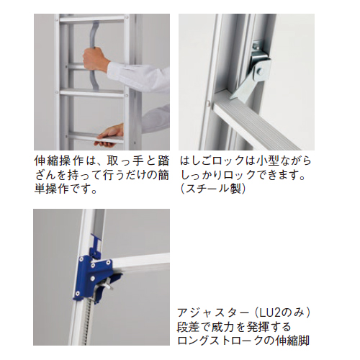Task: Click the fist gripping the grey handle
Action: point(94,59)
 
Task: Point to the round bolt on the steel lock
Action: point(260,71)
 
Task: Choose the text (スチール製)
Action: point(213,189)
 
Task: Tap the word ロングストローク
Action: point(220,341)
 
